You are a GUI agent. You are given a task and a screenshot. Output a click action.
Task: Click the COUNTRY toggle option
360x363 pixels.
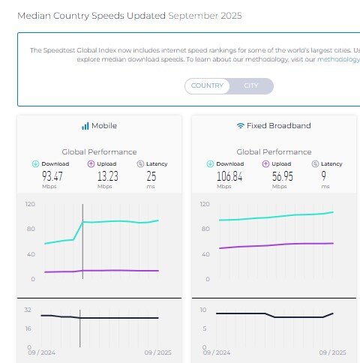(x=208, y=85)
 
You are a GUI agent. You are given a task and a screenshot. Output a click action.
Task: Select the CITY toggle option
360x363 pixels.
(x=251, y=85)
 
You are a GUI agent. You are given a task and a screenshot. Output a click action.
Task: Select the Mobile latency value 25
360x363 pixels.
(x=151, y=176)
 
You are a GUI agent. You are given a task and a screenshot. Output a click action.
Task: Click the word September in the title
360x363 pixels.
(x=196, y=15)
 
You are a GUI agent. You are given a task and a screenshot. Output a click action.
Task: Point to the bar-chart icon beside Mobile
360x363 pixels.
(x=85, y=126)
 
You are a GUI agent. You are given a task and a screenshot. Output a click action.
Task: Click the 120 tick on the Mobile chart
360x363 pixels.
(x=30, y=204)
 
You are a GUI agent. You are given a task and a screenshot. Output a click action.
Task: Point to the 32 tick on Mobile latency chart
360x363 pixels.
(x=28, y=309)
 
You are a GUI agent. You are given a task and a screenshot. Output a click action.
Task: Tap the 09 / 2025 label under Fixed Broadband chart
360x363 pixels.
(x=333, y=351)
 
